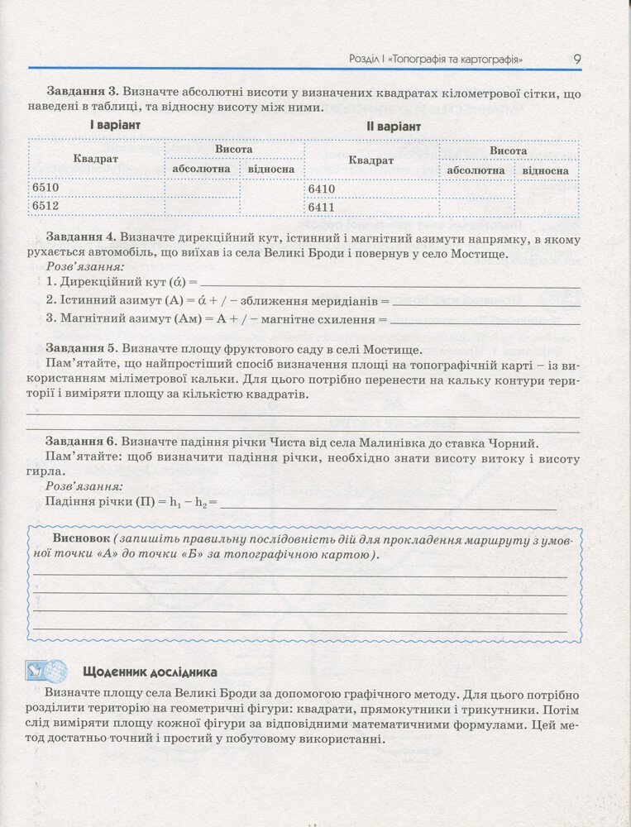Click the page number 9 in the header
point(576,59)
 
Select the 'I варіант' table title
point(115,125)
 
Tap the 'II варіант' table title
point(394,127)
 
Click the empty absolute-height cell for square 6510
point(202,188)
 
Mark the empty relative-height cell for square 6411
point(546,207)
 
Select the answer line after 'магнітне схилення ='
point(485,319)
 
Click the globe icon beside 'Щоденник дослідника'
point(55,671)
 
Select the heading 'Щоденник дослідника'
point(150,672)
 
